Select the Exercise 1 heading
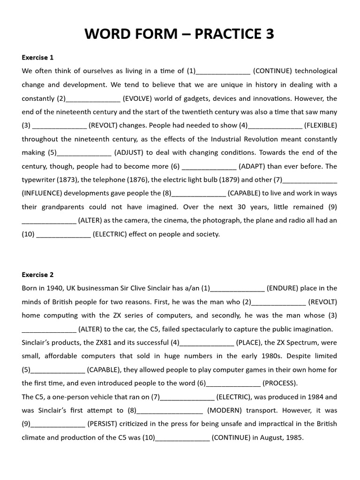(x=37, y=58)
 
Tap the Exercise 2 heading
(x=37, y=275)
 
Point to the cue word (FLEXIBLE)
(x=321, y=126)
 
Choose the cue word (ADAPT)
(x=255, y=166)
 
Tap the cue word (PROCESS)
(x=280, y=383)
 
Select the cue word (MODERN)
(x=225, y=411)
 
